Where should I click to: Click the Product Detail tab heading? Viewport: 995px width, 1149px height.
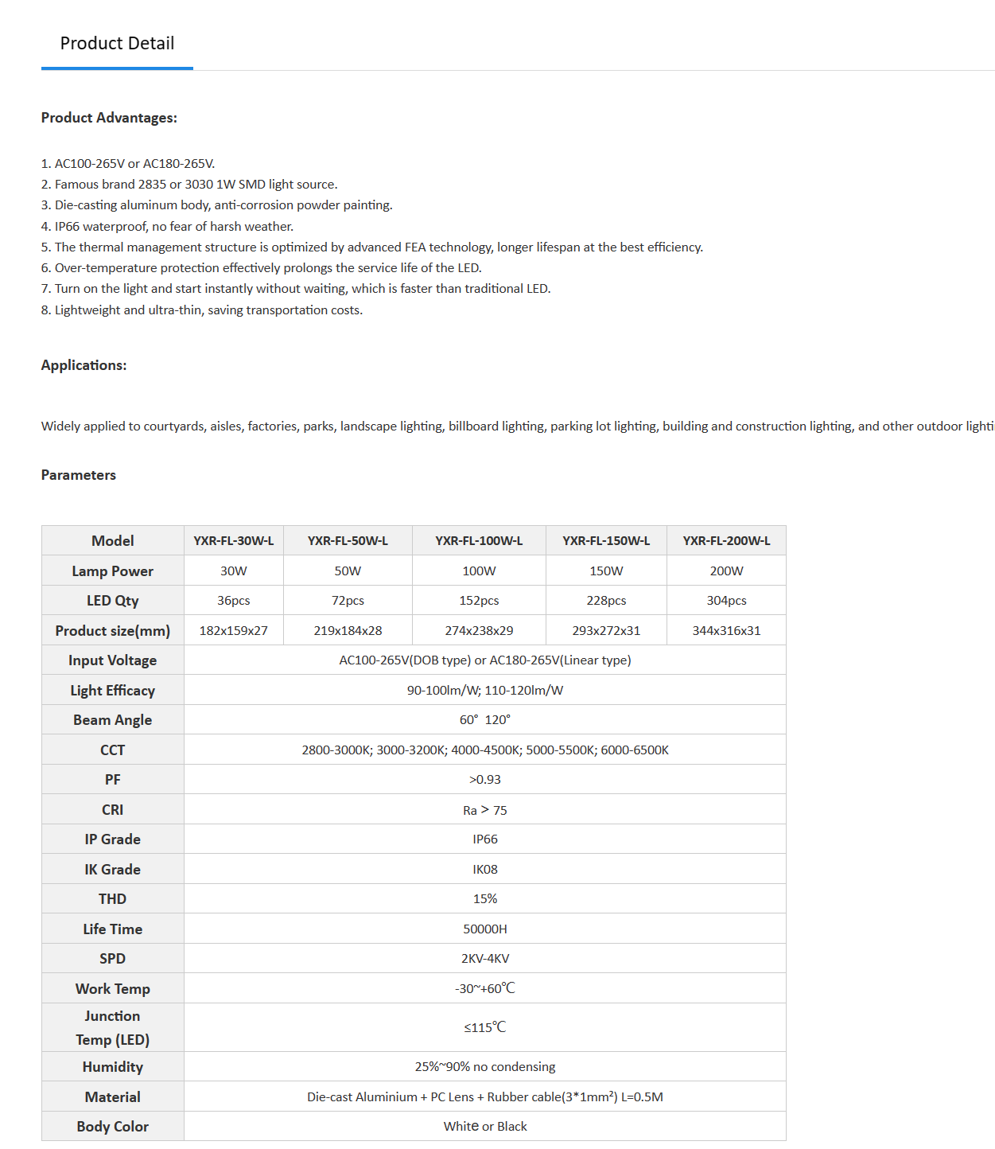point(117,44)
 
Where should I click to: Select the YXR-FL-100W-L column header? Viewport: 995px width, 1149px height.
point(479,541)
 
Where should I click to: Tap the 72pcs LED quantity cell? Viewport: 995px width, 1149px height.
point(348,601)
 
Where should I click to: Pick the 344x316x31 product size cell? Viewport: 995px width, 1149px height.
point(726,631)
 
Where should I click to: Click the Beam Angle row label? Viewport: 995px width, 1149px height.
point(112,720)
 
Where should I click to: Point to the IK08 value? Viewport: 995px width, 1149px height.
point(485,870)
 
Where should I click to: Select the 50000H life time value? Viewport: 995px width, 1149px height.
point(485,929)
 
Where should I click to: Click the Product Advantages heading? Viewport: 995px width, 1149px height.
point(109,118)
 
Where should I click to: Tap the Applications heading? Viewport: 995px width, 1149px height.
point(84,365)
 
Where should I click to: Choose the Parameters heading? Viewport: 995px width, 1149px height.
point(79,475)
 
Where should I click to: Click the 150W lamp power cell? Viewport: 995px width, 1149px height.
point(606,571)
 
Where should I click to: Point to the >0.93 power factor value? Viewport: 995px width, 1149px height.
point(485,780)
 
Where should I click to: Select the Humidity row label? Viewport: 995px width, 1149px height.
point(112,1067)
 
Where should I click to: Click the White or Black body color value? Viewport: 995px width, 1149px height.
point(485,1127)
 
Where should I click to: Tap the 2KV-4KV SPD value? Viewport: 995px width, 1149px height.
point(485,959)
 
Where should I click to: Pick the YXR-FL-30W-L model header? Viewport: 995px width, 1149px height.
point(234,541)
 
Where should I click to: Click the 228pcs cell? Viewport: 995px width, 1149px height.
point(606,601)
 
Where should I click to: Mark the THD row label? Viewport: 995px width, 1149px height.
point(112,899)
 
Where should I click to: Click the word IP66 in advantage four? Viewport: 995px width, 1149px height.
point(67,227)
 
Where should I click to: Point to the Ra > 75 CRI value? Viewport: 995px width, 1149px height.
point(485,810)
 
